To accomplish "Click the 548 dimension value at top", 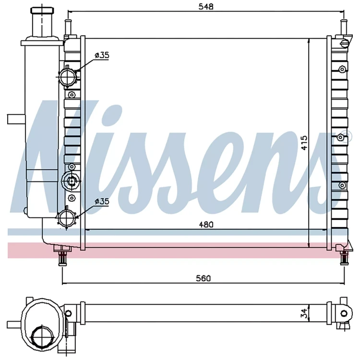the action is pos(206,7).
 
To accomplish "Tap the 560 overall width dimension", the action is pos(203,278).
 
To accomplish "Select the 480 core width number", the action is pos(206,225).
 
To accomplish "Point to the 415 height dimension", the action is pos(304,143).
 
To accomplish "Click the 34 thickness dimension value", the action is pos(304,313).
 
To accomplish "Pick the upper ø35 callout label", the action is pos(102,55).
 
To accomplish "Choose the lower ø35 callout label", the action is pos(102,202).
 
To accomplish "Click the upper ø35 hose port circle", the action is pos(67,76).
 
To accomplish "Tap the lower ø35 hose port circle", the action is pos(67,217).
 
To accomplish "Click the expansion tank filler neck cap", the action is pos(42,10).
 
